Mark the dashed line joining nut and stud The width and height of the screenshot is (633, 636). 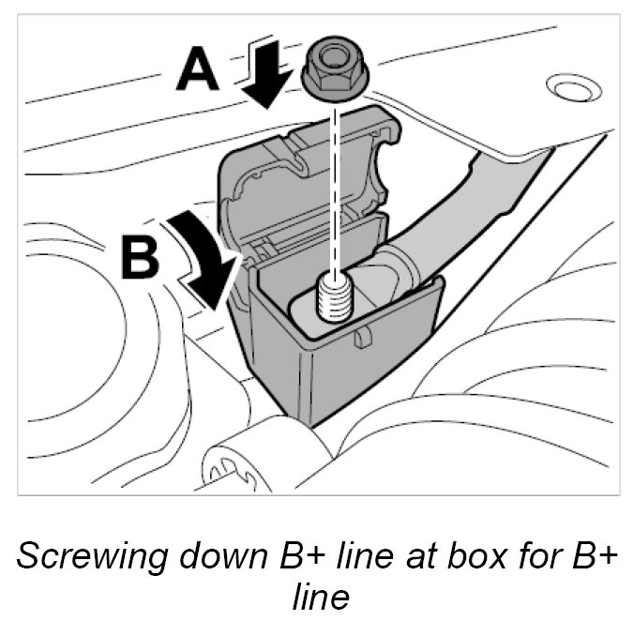point(334,188)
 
